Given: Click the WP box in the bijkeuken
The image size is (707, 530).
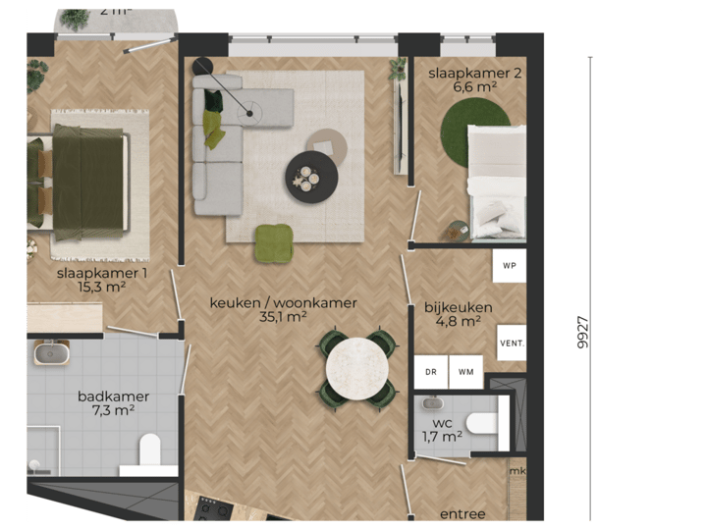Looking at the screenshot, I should [509, 266].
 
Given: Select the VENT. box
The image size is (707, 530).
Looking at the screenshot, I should [512, 344].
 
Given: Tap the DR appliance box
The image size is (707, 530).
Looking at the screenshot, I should [430, 372].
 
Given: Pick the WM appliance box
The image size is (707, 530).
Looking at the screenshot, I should [465, 372].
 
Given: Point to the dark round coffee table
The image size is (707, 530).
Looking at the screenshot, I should [311, 178].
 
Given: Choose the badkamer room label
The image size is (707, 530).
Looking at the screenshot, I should [114, 397].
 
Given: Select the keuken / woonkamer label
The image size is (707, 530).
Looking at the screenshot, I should [283, 303].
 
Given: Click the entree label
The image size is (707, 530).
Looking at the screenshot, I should [462, 514].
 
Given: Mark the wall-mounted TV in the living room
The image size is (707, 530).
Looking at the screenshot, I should [399, 128].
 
